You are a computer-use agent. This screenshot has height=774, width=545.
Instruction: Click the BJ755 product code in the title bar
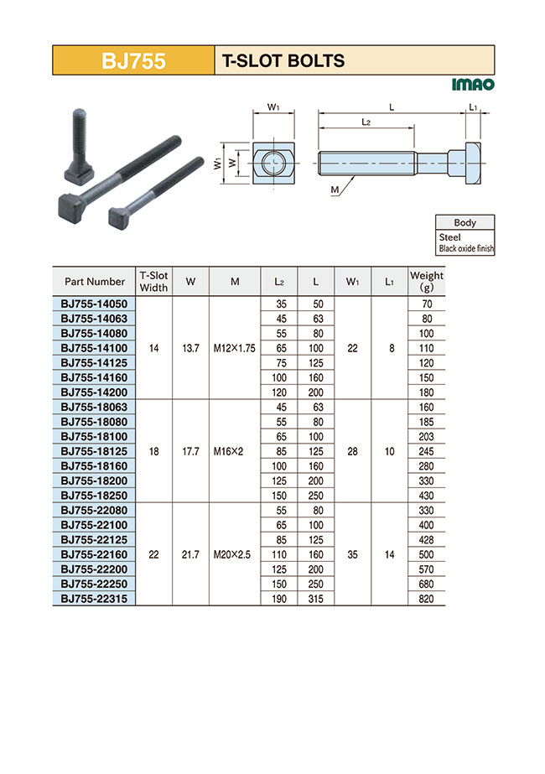click(x=133, y=61)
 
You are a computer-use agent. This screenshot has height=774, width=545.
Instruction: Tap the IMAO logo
click(x=473, y=85)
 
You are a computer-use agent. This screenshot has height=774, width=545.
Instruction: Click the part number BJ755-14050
click(x=94, y=303)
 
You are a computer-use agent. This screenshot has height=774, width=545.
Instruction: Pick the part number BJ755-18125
click(x=94, y=451)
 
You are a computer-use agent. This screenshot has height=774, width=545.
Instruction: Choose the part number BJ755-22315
click(x=94, y=598)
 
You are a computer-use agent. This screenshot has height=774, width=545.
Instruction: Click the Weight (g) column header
click(x=426, y=281)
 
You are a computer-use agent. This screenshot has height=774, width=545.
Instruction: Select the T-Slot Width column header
click(x=153, y=281)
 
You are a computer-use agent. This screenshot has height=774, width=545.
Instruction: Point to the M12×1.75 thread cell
click(x=235, y=347)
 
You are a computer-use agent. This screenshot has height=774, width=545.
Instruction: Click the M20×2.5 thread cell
click(x=235, y=554)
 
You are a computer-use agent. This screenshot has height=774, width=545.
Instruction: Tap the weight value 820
click(x=426, y=599)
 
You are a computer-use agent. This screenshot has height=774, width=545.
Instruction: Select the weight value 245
click(x=426, y=451)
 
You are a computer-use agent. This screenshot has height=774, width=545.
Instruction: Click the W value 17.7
click(x=190, y=451)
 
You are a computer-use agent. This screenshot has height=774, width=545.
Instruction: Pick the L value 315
click(x=315, y=599)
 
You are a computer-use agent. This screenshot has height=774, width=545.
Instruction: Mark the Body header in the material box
click(x=465, y=223)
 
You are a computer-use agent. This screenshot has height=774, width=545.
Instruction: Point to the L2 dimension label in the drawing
click(x=366, y=122)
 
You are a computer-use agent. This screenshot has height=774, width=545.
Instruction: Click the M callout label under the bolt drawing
click(x=335, y=190)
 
